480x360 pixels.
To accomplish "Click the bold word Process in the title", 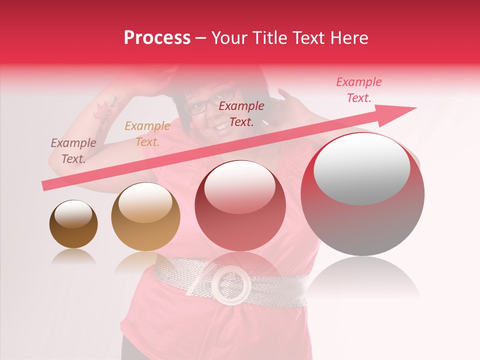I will pyautogui.click(x=157, y=38).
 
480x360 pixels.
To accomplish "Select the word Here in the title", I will pyautogui.click(x=349, y=38).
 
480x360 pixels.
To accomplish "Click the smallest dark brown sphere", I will pyautogui.click(x=73, y=224).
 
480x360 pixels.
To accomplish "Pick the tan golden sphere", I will pyautogui.click(x=145, y=216).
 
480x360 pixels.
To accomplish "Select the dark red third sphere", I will pyautogui.click(x=240, y=205).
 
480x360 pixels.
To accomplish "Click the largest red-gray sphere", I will pyautogui.click(x=362, y=194).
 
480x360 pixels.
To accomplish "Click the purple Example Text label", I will pyautogui.click(x=73, y=151).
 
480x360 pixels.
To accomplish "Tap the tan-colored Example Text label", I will pyautogui.click(x=147, y=134).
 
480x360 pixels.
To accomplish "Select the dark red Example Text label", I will pyautogui.click(x=241, y=113).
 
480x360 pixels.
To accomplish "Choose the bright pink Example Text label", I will pyautogui.click(x=358, y=90).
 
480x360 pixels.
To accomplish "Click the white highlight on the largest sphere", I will pyautogui.click(x=362, y=169).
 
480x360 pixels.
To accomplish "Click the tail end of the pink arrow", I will pyautogui.click(x=45, y=186).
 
